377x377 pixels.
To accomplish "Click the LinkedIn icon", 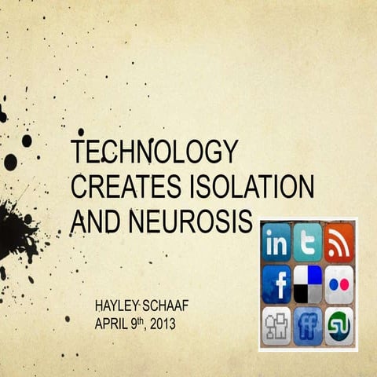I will click(x=276, y=243).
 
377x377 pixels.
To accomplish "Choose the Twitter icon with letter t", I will click(x=308, y=243).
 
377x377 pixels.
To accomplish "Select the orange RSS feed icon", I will click(x=339, y=243).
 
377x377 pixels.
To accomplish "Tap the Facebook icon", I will click(x=276, y=284).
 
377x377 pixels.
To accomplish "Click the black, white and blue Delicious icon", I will click(x=308, y=284).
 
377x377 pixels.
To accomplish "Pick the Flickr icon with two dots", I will click(x=339, y=284).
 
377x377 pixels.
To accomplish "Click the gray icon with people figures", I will click(x=276, y=324).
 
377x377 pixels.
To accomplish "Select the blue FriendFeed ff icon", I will click(x=308, y=324).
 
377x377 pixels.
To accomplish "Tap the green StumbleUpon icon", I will click(x=339, y=324).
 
